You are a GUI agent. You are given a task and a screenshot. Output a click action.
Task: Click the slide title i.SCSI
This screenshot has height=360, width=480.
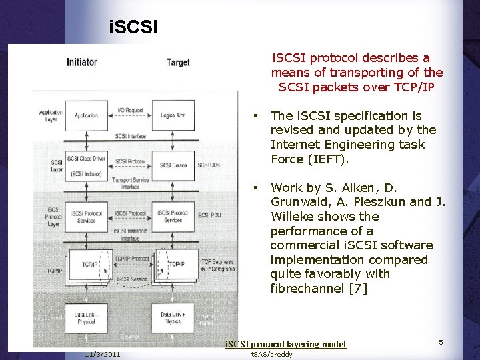133,28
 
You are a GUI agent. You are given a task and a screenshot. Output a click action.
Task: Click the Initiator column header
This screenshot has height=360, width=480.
82,62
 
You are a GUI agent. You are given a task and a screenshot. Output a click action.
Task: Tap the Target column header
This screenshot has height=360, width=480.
178,63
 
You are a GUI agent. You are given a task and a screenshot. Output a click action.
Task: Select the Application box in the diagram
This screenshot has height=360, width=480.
86,115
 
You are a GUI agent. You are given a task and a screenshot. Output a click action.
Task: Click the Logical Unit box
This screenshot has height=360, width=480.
173,115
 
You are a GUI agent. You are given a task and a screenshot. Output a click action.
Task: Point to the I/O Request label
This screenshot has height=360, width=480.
130,110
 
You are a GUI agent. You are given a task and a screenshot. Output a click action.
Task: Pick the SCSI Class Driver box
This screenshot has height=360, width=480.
86,164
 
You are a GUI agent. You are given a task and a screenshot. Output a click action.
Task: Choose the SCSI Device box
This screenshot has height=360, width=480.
173,165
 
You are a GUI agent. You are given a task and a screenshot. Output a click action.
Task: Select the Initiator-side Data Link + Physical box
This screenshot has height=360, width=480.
87,317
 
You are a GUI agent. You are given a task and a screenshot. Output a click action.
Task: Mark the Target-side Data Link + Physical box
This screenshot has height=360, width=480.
173,317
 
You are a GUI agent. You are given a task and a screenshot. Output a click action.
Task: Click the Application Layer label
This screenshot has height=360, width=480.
51,115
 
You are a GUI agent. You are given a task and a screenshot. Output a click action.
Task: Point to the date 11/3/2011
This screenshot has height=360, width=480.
103,354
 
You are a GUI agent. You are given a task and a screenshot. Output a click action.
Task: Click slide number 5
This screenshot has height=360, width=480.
441,342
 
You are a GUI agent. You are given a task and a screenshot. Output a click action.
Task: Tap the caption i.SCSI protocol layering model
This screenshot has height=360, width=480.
285,344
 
